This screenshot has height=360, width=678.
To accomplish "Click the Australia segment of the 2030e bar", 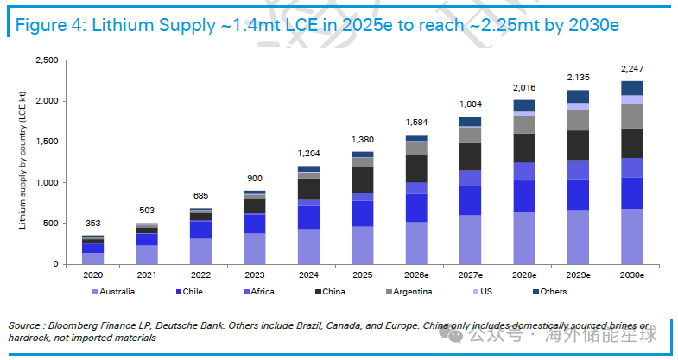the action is [632, 237].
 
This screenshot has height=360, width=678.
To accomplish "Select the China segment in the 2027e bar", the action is [471, 156].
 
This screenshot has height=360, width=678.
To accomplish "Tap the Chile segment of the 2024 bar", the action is [308, 218].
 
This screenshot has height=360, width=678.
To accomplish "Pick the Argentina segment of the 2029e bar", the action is [578, 120].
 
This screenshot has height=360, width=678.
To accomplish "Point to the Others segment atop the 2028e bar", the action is [524, 105].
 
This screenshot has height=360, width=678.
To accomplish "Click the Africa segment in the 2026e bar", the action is [416, 188].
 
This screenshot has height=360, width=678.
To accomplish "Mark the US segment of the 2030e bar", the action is [632, 99].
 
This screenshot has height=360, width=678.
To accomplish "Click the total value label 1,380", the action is [363, 140].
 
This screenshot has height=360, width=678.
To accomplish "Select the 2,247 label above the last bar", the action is [632, 69].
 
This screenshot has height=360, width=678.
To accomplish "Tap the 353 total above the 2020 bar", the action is [92, 224].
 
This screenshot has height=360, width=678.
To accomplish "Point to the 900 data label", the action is [255, 179].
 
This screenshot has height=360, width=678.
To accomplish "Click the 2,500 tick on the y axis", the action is [48, 60].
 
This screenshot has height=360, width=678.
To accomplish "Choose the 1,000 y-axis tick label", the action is [48, 183].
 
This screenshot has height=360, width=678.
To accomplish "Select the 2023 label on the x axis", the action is [255, 275].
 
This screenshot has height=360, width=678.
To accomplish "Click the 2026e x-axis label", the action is [416, 275].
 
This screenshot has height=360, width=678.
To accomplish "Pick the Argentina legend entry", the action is [409, 292].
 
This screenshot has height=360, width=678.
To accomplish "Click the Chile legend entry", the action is [189, 292].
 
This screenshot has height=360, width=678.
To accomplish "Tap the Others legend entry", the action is [550, 292].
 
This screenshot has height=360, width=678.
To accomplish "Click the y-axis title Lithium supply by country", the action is [22, 161].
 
